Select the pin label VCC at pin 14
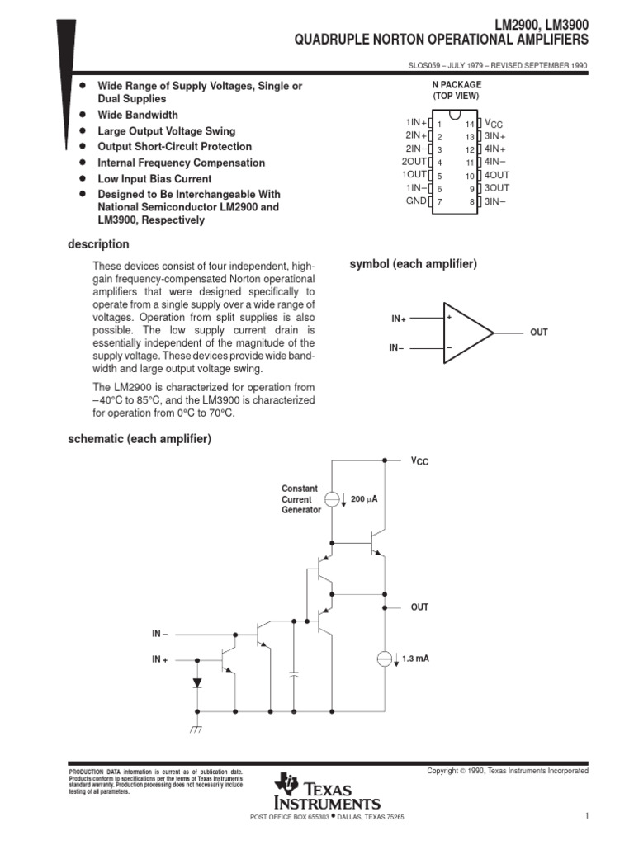(492, 123)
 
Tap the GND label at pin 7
(415, 201)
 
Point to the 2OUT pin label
(414, 162)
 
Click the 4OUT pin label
(497, 176)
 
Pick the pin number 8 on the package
(471, 202)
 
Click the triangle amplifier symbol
(466, 333)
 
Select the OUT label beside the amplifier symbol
(538, 333)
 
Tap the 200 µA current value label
(364, 500)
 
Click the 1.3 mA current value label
(415, 659)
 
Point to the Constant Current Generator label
(301, 499)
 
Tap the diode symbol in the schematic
(196, 683)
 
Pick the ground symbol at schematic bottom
(196, 729)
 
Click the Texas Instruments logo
(329, 793)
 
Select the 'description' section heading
(97, 244)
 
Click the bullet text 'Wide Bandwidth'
(137, 115)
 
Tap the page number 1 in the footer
(584, 816)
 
